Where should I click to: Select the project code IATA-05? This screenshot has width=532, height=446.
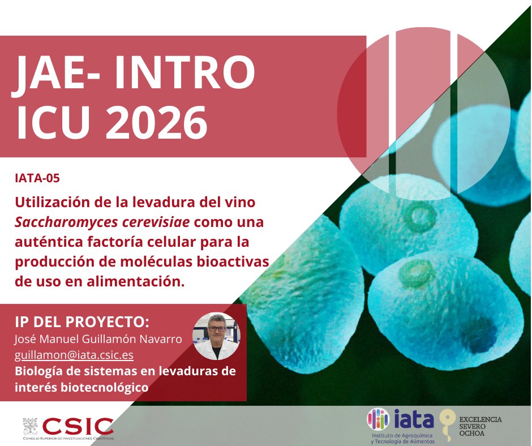37,178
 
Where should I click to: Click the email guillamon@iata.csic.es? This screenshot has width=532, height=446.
74,355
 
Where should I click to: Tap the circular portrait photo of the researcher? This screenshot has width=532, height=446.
217,336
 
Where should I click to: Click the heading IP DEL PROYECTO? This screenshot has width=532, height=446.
82,321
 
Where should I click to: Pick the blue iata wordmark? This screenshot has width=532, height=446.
415,419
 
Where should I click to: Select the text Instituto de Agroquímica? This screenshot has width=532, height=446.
402,435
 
